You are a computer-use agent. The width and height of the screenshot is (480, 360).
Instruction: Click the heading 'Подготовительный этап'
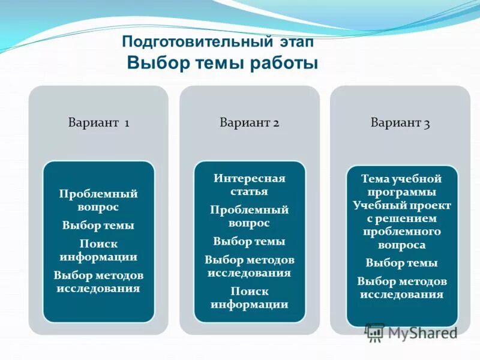coord(217,43)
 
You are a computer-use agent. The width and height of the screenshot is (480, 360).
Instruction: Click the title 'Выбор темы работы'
coord(222,63)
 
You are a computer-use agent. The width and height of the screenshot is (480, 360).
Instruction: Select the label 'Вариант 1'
coord(98,123)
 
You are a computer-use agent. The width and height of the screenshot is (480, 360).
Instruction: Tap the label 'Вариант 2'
coord(249,123)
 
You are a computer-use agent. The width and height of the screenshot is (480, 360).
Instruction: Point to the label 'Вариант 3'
coord(400,123)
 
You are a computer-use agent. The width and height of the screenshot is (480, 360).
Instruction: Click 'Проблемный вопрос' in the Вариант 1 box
coord(98,200)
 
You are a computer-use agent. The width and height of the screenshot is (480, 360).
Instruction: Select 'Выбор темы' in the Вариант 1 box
coord(98,226)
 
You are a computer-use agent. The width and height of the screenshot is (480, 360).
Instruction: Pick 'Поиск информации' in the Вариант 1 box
coord(98,250)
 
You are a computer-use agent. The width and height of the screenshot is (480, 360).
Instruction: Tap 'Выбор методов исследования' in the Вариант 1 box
coord(98,281)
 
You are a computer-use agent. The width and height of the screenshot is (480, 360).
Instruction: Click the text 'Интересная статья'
coord(249,185)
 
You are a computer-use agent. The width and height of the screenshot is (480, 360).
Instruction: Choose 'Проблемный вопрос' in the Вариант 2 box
coord(249,216)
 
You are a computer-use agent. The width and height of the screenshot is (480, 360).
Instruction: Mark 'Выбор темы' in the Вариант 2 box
coord(249,241)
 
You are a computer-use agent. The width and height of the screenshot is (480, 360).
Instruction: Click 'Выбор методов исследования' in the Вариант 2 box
coord(249,266)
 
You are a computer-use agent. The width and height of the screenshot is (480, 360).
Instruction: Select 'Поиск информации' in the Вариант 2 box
coord(249,297)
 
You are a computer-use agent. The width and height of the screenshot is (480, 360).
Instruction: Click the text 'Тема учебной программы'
coord(402,185)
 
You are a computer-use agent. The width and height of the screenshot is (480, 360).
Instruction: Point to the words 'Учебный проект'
coord(402,205)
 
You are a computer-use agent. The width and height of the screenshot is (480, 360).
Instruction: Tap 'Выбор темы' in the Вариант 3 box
coord(402,263)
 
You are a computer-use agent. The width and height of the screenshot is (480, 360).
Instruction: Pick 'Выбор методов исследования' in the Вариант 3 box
coord(402,287)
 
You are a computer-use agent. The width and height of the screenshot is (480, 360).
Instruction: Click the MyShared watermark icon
coord(375,333)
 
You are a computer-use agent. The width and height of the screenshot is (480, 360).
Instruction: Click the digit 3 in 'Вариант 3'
coord(427,124)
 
